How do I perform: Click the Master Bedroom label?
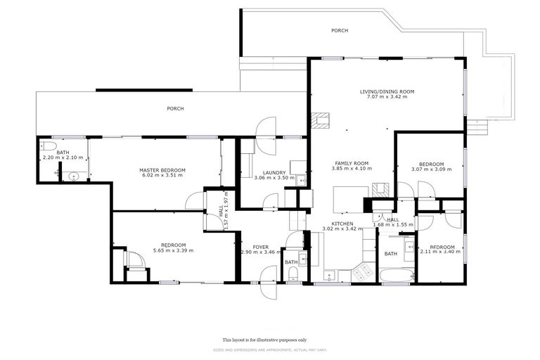pos(162,170)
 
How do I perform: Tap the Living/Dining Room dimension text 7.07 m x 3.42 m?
pos(387,97)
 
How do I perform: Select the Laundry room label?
pos(274,172)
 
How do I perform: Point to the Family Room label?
pos(352,163)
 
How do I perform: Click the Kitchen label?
pos(342,224)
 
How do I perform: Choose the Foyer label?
pos(261,247)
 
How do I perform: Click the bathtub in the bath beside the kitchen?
pos(397,276)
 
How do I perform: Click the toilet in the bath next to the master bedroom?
pos(48,146)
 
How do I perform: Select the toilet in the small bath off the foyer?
pos(292,274)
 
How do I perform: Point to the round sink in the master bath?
pos(74,176)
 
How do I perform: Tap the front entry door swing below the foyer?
pos(269,283)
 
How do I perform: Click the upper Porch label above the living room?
pos(340,31)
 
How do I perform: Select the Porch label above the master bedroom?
pos(175,108)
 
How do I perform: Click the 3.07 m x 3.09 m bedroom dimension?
pos(432,169)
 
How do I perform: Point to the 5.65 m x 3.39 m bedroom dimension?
pos(173,250)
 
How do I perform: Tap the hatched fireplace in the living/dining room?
pos(321,120)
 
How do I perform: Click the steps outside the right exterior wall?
pos(477,127)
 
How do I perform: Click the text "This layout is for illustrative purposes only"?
pos(264,340)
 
